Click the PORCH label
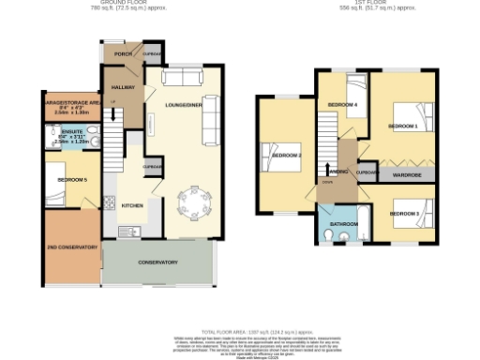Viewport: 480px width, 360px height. point(122,54)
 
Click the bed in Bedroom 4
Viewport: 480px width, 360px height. point(352,92)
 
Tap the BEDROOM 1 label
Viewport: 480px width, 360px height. point(403,125)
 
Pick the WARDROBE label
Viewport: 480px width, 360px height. point(405,174)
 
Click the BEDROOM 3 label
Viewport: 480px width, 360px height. point(403,214)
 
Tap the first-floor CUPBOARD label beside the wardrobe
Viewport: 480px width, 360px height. point(367,172)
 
